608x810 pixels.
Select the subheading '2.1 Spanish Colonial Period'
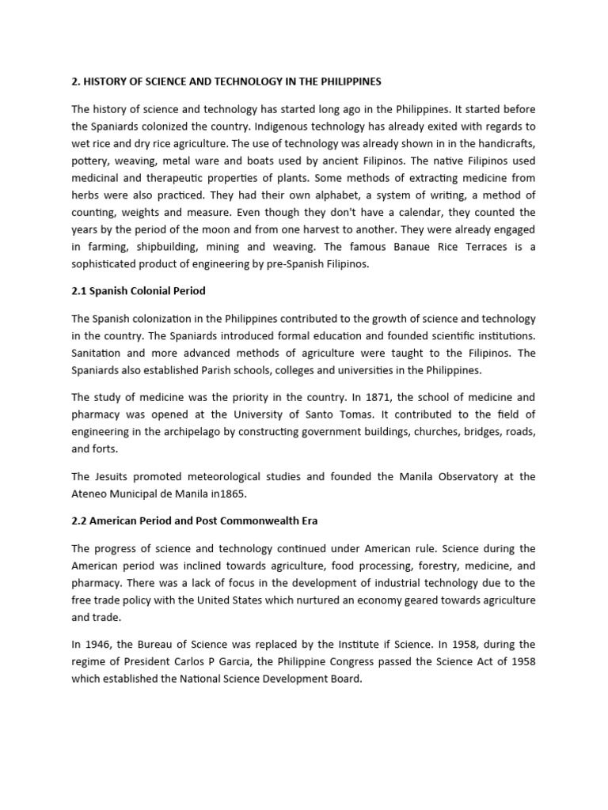139,290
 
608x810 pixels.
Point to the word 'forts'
108,449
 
